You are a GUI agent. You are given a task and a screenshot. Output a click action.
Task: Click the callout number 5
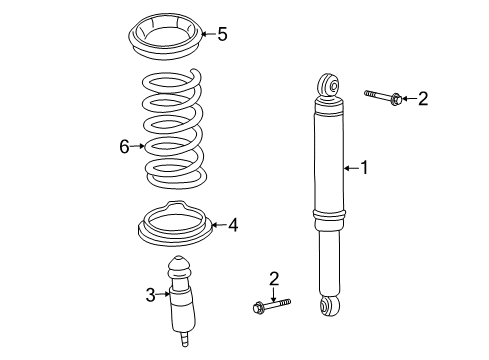(x=222, y=34)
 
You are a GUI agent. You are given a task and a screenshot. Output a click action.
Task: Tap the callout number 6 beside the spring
(x=124, y=146)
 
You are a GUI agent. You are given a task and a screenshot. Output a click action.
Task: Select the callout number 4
(x=233, y=225)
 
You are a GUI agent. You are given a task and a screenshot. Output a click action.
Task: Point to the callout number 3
(x=151, y=295)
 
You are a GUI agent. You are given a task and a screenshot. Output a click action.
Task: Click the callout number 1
(x=365, y=167)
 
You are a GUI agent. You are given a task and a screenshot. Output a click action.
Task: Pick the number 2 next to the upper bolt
(x=423, y=99)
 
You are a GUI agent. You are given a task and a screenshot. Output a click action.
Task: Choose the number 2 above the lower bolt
(x=274, y=279)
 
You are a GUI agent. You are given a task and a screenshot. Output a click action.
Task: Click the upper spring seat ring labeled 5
(x=165, y=37)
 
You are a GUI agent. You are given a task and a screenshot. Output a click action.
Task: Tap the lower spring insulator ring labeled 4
(x=175, y=224)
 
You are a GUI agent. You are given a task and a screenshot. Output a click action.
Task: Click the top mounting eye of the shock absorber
(x=328, y=85)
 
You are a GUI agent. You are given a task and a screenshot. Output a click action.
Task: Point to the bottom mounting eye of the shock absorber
(x=330, y=306)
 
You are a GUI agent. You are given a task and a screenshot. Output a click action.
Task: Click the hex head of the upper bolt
(x=395, y=99)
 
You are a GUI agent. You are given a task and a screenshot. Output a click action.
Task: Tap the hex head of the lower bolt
(x=258, y=307)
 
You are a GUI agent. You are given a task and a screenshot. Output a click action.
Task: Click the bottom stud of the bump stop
(x=184, y=339)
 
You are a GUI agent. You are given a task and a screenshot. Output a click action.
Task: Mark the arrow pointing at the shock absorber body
(x=351, y=168)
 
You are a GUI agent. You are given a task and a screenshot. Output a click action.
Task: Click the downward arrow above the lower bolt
(x=274, y=294)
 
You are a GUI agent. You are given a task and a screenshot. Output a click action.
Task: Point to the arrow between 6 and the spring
(x=138, y=146)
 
